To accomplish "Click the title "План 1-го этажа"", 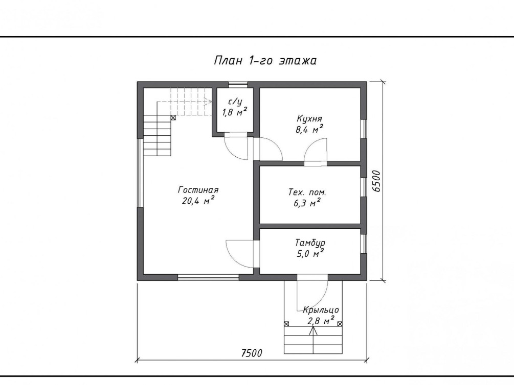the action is pos(265,61).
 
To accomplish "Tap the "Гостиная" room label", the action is pos(198,190).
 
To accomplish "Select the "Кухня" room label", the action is pos(309,118).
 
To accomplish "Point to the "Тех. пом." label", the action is pos(307,192).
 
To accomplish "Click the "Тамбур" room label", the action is pos(310,243).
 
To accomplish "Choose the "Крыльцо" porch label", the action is pos(321,310).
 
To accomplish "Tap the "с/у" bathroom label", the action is pos(235,102).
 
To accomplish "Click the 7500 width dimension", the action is pos(252,353).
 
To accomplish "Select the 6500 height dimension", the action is pos(377,181).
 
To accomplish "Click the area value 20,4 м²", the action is pos(198,200).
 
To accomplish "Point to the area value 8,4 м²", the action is pos(309,129).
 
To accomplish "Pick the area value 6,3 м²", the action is pos(307,203).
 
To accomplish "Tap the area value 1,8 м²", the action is pos(235,112).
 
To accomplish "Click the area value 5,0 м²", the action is pos(310,253).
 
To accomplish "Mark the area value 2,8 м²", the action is pos(321,321).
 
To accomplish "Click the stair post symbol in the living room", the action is pos(173,117).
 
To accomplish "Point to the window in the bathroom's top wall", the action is pos(238,85).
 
